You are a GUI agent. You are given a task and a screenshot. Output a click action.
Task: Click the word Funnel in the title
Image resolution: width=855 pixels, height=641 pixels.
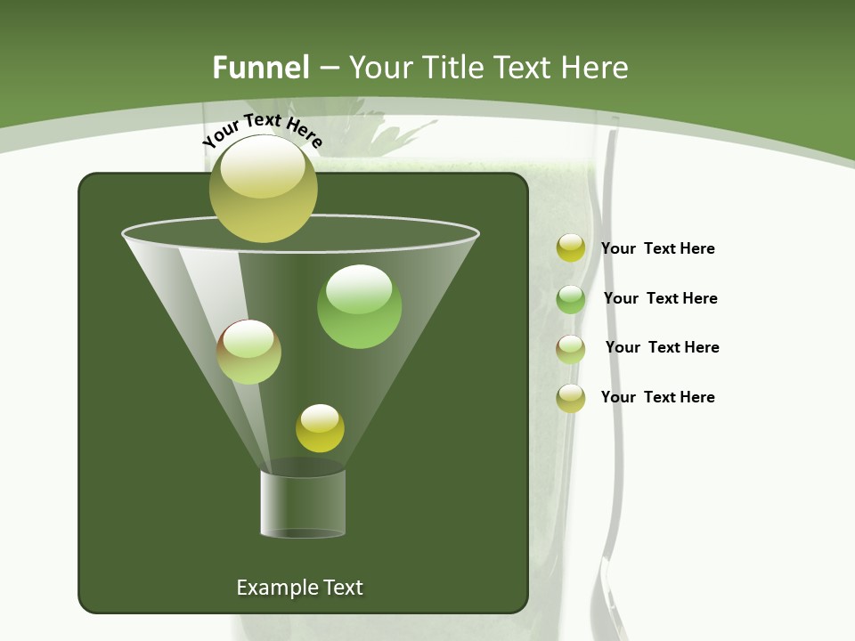(x=260, y=68)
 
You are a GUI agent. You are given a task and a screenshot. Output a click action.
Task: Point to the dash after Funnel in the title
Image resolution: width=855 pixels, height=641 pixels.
(x=329, y=68)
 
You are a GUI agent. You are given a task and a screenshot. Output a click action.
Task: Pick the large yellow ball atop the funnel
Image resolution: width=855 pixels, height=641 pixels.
(x=263, y=189)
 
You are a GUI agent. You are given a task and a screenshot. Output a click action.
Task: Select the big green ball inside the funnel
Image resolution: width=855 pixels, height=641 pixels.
(x=359, y=306)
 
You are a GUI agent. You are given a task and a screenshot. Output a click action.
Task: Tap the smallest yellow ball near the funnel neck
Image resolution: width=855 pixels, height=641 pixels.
(x=320, y=428)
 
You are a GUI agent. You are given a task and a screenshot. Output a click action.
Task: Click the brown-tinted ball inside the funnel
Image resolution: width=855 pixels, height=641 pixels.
(x=248, y=352)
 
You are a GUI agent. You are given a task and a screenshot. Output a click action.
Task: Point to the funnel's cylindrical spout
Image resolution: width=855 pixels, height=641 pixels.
(x=303, y=503)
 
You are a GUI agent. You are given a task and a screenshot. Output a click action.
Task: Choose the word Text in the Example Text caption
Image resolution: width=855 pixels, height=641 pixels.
(x=341, y=588)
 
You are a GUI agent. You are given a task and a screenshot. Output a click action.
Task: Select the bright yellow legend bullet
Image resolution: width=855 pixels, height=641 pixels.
(x=570, y=248)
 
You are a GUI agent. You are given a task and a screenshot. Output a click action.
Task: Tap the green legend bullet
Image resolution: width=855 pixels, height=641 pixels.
(x=570, y=299)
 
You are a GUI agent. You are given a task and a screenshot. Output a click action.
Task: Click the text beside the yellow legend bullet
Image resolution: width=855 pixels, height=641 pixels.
(x=657, y=249)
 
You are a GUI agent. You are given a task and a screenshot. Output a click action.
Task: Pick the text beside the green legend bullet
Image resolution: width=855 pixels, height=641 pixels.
(x=660, y=298)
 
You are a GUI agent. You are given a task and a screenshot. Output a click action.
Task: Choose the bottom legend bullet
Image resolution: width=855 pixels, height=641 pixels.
(x=570, y=398)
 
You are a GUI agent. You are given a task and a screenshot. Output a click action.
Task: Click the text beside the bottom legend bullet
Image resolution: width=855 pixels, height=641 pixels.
(x=657, y=397)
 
